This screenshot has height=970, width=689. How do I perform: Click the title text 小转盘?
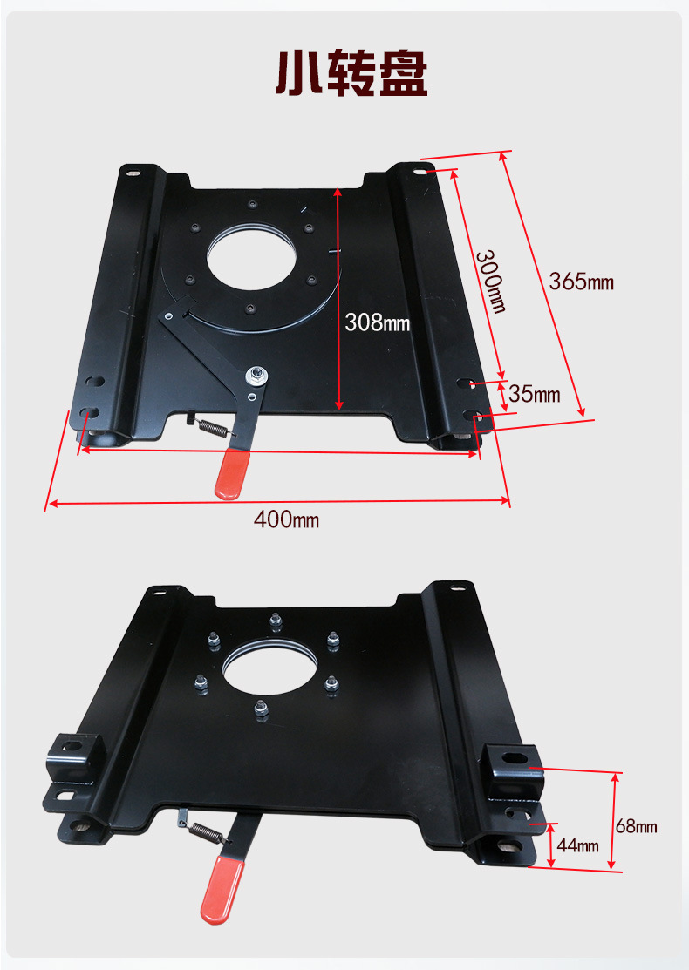[351, 73]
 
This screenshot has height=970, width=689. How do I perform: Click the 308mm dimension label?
[377, 322]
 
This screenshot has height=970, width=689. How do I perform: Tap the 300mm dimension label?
[491, 281]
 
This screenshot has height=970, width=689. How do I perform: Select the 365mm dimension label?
[581, 282]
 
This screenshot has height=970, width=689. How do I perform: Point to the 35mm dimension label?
[535, 394]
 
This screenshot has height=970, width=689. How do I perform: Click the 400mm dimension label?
[286, 519]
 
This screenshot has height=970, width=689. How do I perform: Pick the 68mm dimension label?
[637, 826]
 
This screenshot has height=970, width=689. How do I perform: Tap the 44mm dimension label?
[577, 845]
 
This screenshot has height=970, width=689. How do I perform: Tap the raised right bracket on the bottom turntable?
[513, 770]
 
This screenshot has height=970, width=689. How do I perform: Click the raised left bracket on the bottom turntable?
[73, 758]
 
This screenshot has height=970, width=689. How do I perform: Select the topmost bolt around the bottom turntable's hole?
[276, 621]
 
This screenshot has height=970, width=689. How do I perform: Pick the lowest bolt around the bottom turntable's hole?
[262, 708]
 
